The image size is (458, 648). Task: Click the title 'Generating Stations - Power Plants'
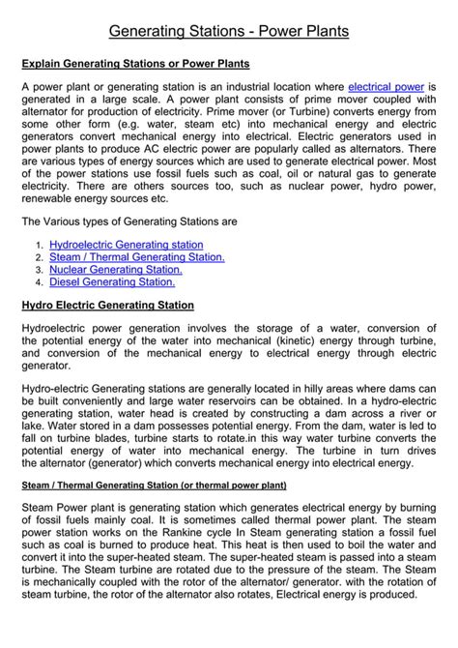(x=229, y=32)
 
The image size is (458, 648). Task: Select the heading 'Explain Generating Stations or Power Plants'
(x=135, y=64)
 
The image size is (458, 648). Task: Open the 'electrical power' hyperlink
(x=386, y=87)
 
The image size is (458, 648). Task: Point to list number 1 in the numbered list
(x=39, y=247)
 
